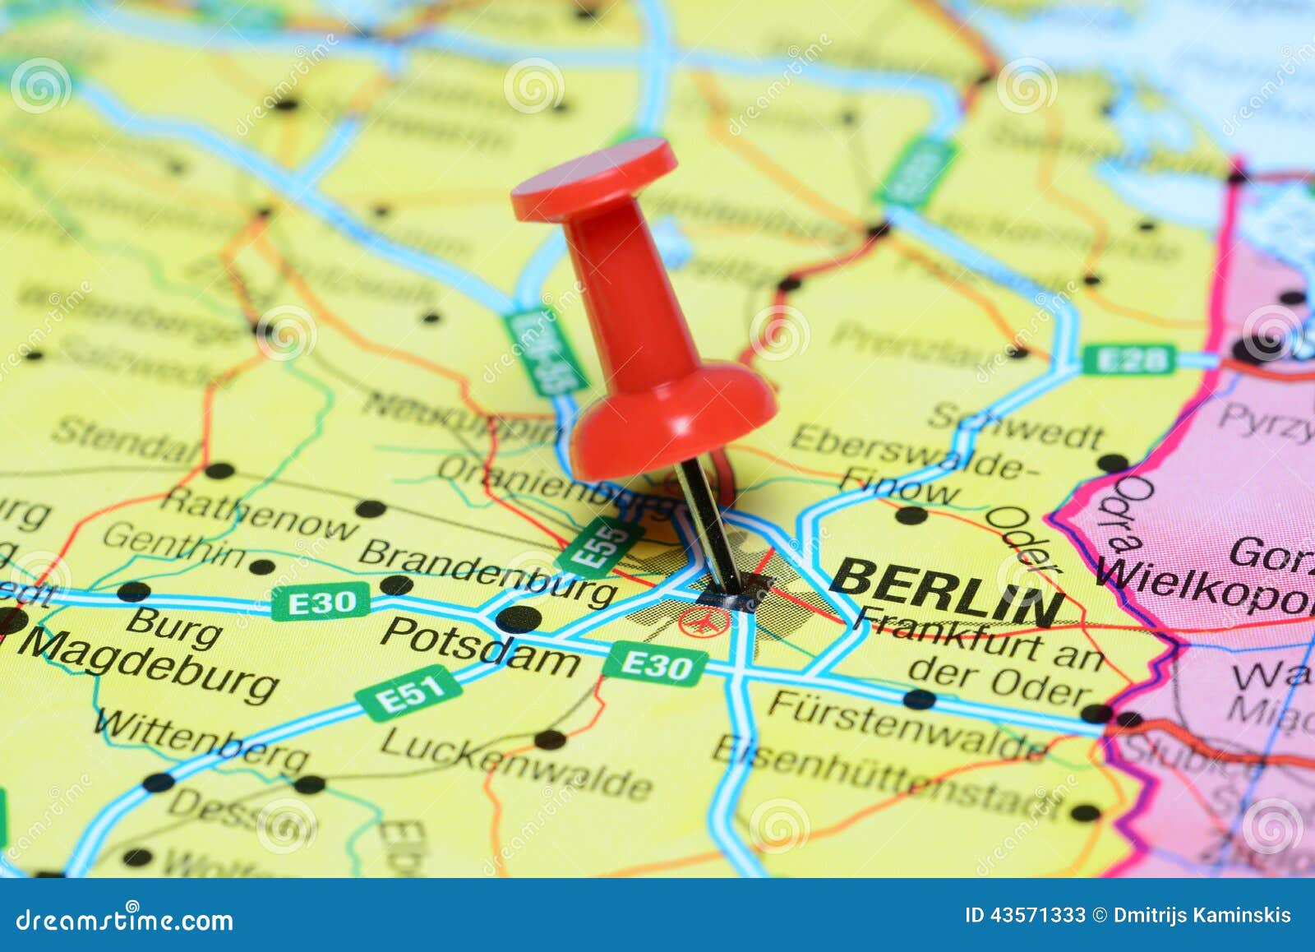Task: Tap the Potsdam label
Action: coord(480,647)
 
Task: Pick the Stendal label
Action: coord(127,440)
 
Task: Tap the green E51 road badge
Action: coord(408,693)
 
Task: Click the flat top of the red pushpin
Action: coord(593,178)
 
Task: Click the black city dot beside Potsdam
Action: coord(519,618)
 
